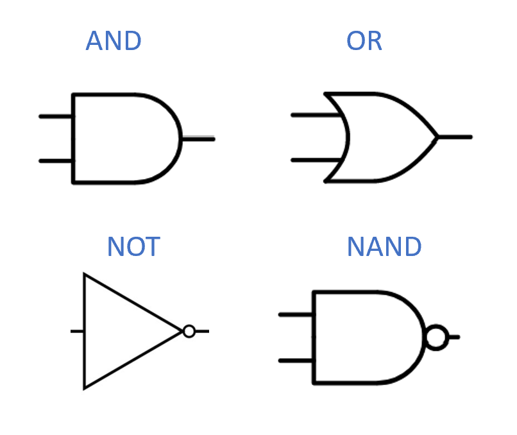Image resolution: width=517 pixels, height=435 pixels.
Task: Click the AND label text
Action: pos(114,42)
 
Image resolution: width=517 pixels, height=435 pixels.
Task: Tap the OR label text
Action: pos(364,42)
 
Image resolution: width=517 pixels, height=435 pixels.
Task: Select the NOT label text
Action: pos(133,246)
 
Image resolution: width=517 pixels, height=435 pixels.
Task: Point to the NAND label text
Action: pos(384,246)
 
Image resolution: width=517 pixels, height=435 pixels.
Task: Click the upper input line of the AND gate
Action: pos(56,117)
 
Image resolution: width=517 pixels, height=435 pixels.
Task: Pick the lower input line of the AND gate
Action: pos(56,160)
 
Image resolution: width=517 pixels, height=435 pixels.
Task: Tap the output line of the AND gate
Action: pos(198,139)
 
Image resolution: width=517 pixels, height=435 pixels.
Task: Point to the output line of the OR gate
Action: pos(455,137)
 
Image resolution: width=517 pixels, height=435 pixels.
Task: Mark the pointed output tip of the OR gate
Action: pos(437,137)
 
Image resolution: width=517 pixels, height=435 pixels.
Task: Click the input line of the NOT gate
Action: pos(77,331)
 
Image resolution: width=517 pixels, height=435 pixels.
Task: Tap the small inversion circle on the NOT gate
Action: pos(189,331)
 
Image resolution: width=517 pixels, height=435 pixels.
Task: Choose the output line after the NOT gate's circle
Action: pos(202,331)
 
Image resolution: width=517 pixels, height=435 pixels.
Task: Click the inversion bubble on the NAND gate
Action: pos(436,337)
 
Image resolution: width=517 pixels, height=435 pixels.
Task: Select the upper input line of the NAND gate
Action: pos(296,315)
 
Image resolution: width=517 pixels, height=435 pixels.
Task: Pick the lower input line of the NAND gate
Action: pos(296,361)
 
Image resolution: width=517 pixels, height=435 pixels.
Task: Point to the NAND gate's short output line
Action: pos(453,337)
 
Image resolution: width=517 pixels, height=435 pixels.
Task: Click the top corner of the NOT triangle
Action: pos(85,275)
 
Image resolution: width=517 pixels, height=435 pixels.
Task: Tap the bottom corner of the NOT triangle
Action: pos(85,387)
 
